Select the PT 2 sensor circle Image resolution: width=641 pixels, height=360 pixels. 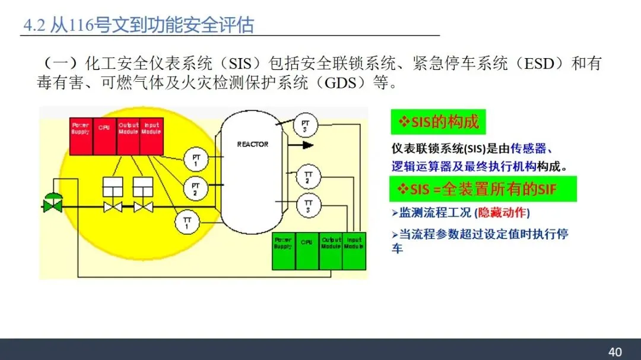tap(195, 189)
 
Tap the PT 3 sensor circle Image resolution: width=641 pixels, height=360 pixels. tap(306, 126)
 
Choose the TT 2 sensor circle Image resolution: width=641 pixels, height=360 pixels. tap(308, 176)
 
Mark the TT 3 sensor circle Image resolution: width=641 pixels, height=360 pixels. tap(308, 206)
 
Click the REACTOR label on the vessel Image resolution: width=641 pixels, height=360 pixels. tap(253, 144)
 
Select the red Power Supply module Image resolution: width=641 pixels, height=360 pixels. tap(81, 136)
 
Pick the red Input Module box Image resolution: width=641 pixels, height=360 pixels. tap(151, 136)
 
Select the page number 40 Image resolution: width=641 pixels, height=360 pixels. tap(615, 352)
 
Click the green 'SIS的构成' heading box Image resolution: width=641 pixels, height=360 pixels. tap(438, 123)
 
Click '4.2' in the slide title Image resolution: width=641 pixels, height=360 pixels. tap(34, 26)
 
